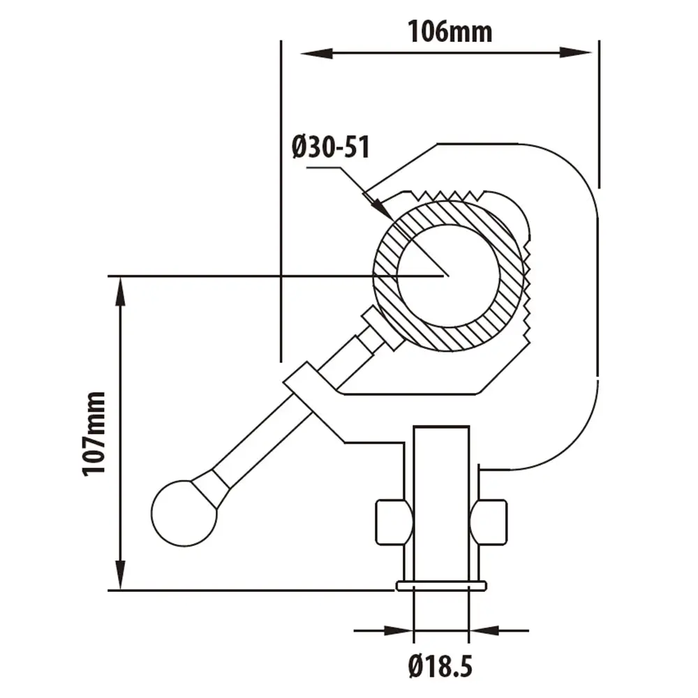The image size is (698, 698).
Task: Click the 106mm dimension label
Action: pyautogui.click(x=450, y=32)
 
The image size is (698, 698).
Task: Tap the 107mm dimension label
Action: pyautogui.click(x=94, y=434)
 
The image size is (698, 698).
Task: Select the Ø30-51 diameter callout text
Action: pyautogui.click(x=331, y=147)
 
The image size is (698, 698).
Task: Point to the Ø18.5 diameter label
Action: pyautogui.click(x=440, y=667)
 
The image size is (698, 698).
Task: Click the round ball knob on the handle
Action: pyautogui.click(x=184, y=513)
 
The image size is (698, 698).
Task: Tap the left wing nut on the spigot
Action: pyautogui.click(x=394, y=522)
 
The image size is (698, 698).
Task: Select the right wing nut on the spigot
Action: pyautogui.click(x=489, y=522)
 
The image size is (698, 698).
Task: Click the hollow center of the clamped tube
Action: pyautogui.click(x=448, y=276)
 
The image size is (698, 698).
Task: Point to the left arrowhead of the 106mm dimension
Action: pyautogui.click(x=316, y=54)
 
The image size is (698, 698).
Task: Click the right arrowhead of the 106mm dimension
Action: pyautogui.click(x=576, y=52)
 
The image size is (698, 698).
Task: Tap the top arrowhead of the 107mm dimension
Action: pyautogui.click(x=120, y=292)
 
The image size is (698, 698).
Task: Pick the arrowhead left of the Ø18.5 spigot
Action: pyautogui.click(x=398, y=630)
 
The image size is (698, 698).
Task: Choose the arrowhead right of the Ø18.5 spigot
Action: pyautogui.click(x=484, y=630)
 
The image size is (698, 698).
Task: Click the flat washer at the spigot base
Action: pyautogui.click(x=441, y=586)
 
